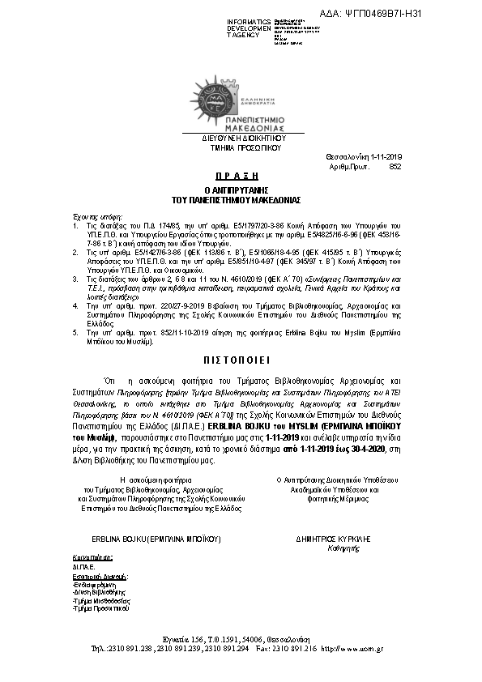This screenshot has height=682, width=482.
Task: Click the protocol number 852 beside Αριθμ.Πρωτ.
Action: click(x=395, y=166)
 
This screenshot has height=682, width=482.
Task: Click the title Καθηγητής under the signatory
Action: click(x=331, y=546)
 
